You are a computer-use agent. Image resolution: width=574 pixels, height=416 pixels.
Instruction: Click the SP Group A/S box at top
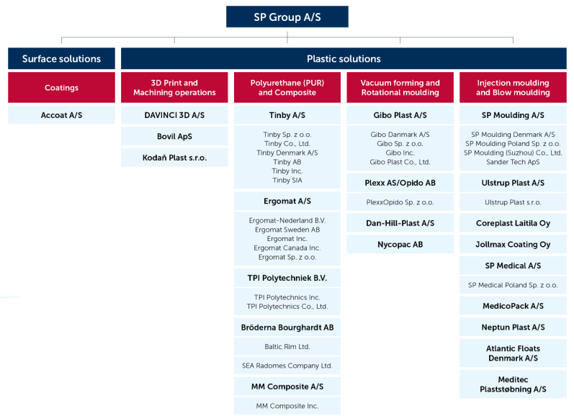pos(287,17)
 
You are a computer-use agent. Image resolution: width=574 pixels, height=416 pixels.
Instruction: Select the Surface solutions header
pos(61,59)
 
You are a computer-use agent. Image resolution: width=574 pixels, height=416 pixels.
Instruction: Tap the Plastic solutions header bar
pos(344,59)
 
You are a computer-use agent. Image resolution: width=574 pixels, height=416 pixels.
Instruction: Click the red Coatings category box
pos(61,88)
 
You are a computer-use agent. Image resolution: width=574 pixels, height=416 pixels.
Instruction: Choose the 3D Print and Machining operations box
pos(174,88)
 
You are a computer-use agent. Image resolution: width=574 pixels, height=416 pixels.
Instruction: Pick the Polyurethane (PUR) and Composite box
pos(287,88)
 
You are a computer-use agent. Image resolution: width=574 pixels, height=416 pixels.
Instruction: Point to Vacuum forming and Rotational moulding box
pos(400,88)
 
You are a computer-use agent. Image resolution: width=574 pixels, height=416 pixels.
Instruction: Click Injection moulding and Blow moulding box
pos(513,88)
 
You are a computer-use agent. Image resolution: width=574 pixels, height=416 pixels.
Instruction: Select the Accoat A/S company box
pos(61,115)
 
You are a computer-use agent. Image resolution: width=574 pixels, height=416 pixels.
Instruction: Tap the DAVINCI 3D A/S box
pos(174,115)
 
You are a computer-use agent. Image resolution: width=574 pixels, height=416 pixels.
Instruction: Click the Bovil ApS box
pos(174,136)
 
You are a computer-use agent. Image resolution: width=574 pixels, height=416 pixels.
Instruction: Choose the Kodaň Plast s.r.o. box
pos(174,158)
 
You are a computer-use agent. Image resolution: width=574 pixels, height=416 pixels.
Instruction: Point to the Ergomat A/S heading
pos(287,201)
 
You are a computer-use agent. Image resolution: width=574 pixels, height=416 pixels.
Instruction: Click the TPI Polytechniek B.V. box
pos(287,278)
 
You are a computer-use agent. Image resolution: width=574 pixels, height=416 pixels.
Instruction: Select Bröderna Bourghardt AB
pos(287,327)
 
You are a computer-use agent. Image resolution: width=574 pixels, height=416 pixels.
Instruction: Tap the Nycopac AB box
pos(400,245)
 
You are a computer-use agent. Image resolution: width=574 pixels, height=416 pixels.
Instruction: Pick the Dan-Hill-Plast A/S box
pos(400,223)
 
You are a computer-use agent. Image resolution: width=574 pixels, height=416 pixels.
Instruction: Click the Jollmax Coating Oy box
pos(513,245)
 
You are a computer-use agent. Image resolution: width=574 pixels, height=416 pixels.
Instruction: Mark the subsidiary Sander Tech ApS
pos(513,162)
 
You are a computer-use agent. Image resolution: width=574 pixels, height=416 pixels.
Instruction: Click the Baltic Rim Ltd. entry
pos(287,347)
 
